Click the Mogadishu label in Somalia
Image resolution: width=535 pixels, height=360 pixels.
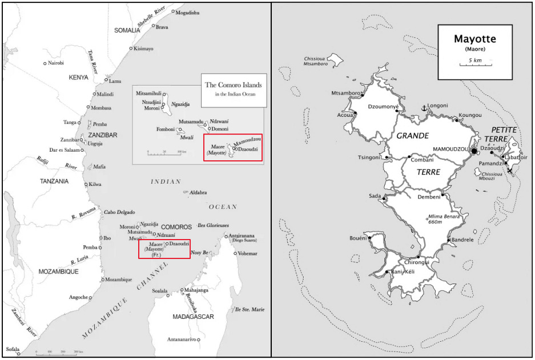(x=188, y=13)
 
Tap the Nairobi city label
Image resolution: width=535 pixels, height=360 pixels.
(x=56, y=63)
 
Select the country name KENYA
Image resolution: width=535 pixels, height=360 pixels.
(x=79, y=77)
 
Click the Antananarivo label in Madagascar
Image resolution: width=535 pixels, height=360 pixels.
(x=178, y=340)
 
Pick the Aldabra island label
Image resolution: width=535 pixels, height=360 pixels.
(x=198, y=193)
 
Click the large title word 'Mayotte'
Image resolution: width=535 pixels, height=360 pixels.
(x=474, y=39)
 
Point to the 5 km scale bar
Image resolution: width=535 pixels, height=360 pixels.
(x=474, y=64)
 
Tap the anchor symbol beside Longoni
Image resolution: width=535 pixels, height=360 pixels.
(x=424, y=107)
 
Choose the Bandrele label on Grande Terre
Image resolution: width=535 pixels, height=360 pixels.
(x=462, y=240)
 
